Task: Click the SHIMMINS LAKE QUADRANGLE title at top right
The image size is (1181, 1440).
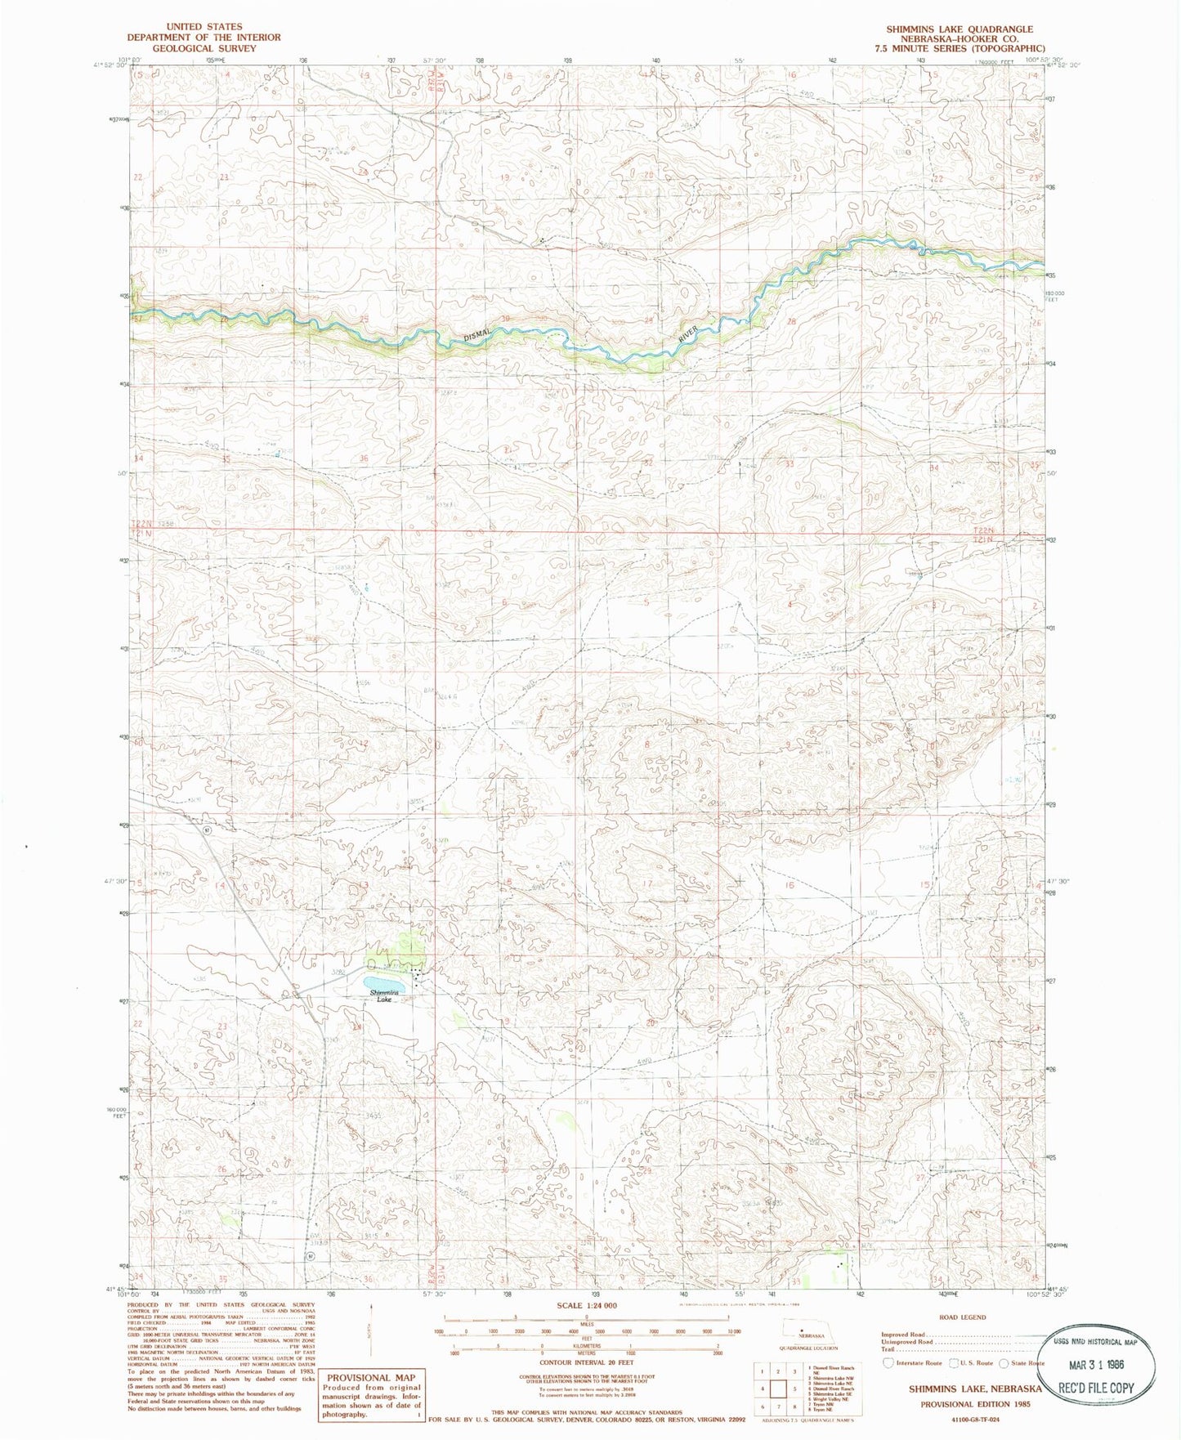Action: (960, 29)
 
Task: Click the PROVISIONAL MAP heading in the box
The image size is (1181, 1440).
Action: (371, 1377)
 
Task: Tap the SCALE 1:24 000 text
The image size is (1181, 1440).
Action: (587, 1305)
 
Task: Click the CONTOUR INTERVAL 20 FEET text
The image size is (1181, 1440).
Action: (587, 1362)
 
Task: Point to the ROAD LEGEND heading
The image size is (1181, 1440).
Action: (962, 1317)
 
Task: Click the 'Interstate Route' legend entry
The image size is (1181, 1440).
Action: (915, 1362)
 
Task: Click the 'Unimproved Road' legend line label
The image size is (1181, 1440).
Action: (906, 1341)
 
